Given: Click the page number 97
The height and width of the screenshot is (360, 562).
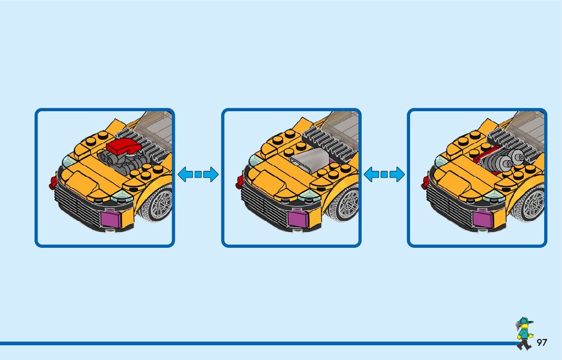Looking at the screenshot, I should (542, 343).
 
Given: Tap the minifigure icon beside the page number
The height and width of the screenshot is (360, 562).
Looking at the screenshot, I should (523, 334).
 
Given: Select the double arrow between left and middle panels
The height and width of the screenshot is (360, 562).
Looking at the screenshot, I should (198, 175).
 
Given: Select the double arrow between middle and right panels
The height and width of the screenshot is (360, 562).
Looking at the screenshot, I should (384, 175).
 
